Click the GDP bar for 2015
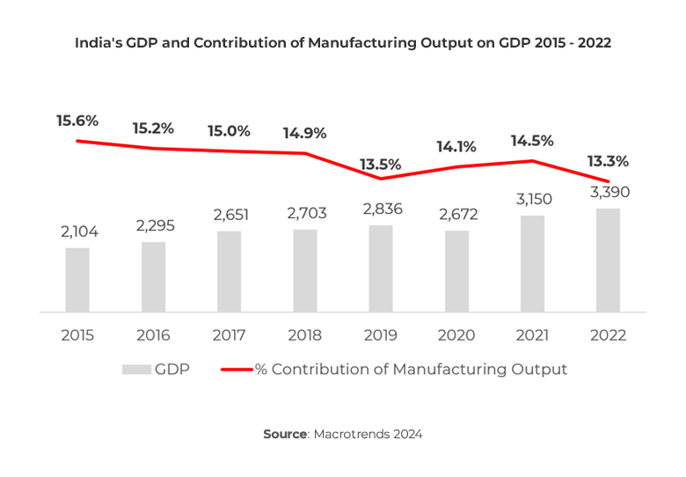77,280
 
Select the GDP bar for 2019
381,268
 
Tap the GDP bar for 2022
608,261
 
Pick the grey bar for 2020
456,271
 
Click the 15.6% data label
77,121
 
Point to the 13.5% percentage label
380,164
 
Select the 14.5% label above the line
532,140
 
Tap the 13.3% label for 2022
609,161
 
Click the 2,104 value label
77,232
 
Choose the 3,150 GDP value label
532,201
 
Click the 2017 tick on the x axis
229,335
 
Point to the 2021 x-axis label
532,335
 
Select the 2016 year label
153,335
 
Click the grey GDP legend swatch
135,370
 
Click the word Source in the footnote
285,435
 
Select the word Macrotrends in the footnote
350,435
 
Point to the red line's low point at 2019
380,179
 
